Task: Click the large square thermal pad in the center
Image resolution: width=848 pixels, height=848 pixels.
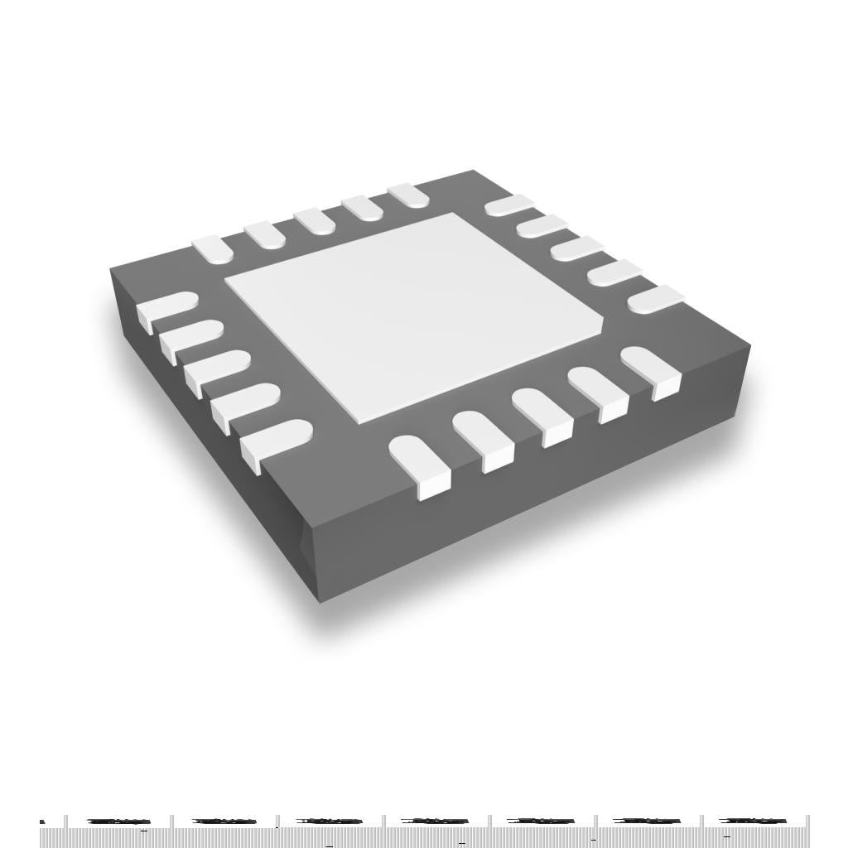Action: coord(414,315)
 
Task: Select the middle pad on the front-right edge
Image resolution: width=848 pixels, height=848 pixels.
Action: coord(542,413)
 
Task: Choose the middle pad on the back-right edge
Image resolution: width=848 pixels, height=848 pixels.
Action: coord(576,248)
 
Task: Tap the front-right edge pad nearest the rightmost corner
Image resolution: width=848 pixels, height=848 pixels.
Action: coord(651,369)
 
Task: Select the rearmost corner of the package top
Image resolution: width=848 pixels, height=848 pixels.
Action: coord(473,171)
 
